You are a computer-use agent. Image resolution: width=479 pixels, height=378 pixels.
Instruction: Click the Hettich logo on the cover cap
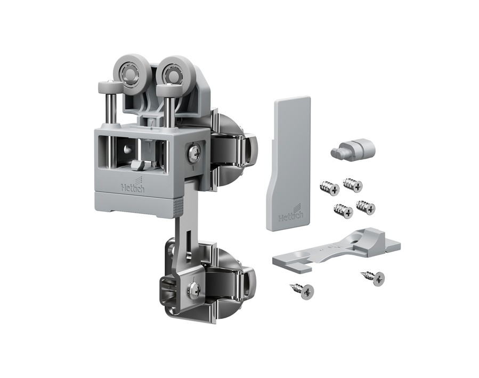coord(291,215)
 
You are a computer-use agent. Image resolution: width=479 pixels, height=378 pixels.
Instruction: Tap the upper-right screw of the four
coord(353,184)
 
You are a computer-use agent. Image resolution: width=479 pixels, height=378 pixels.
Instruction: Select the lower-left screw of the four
coord(343,210)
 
